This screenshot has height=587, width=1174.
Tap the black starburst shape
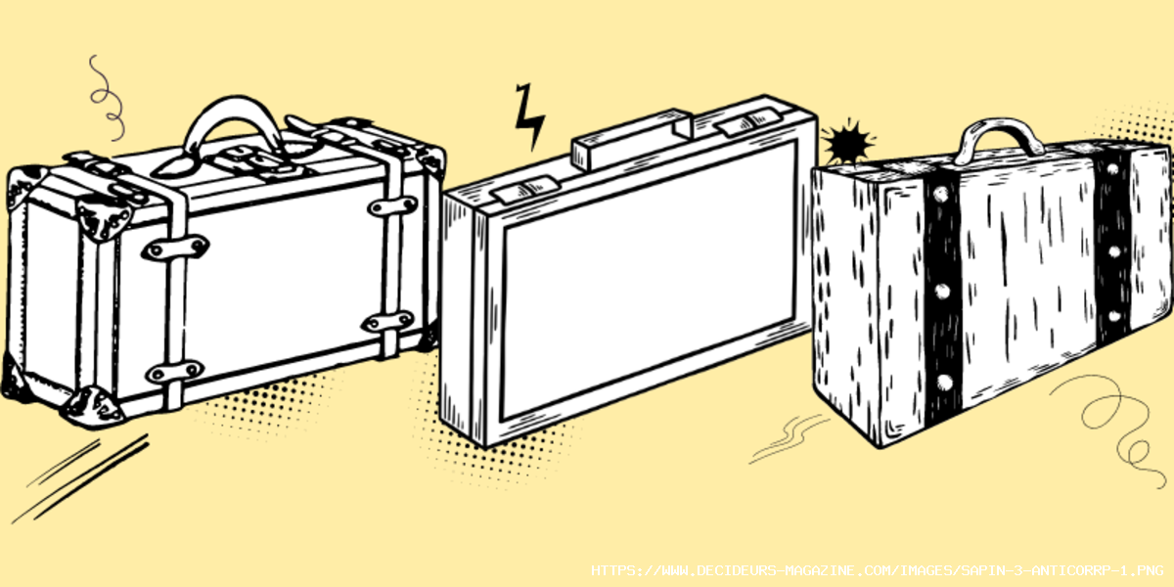pos(847,142)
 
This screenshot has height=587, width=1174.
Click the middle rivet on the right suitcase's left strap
pos(942,292)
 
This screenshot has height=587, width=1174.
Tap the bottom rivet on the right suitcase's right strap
pos(1114,317)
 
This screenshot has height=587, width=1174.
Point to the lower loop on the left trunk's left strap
pos(174,372)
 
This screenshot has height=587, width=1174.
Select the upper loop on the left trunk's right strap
pos(392,206)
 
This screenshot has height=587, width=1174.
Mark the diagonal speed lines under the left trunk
pos(81,478)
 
